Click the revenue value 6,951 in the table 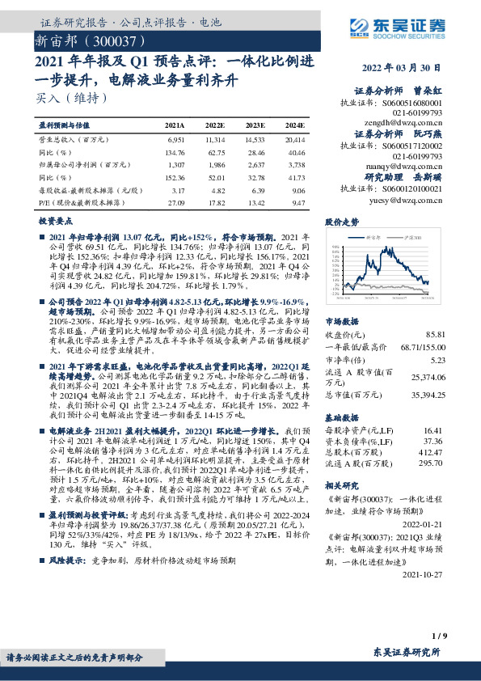[x=175, y=139]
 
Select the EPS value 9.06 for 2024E [x=297, y=191]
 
